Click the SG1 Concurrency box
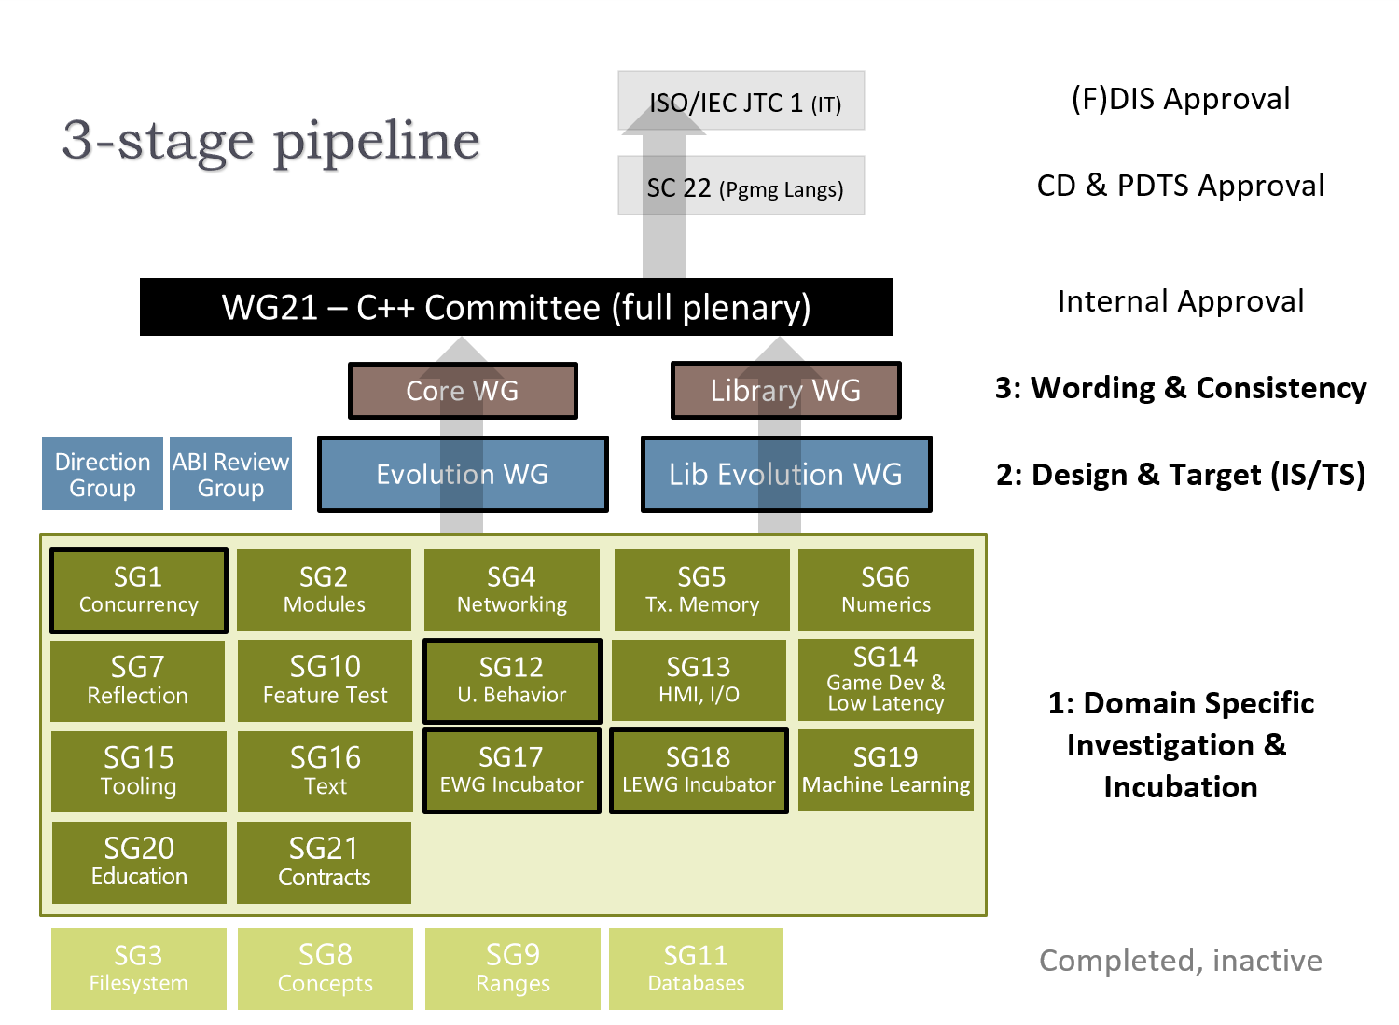pos(138,590)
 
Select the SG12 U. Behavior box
pos(512,681)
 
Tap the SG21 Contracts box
pos(324,862)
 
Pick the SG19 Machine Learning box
pos(886,770)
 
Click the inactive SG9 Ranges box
pos(512,968)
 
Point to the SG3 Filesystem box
pos(138,968)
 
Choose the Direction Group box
pos(103,474)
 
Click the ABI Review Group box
pos(230,474)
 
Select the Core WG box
pos(463,391)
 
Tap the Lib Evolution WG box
pos(785,474)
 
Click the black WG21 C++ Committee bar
pos(516,307)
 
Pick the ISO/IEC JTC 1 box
pos(741,101)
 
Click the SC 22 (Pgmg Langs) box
pos(741,186)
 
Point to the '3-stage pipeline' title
pos(270,141)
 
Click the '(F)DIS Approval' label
pos(1180,99)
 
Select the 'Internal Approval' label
pos(1180,301)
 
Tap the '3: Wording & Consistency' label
pos(1180,388)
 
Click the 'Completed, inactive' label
pos(1180,961)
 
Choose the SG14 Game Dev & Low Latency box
pos(886,679)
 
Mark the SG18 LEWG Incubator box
pos(699,770)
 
